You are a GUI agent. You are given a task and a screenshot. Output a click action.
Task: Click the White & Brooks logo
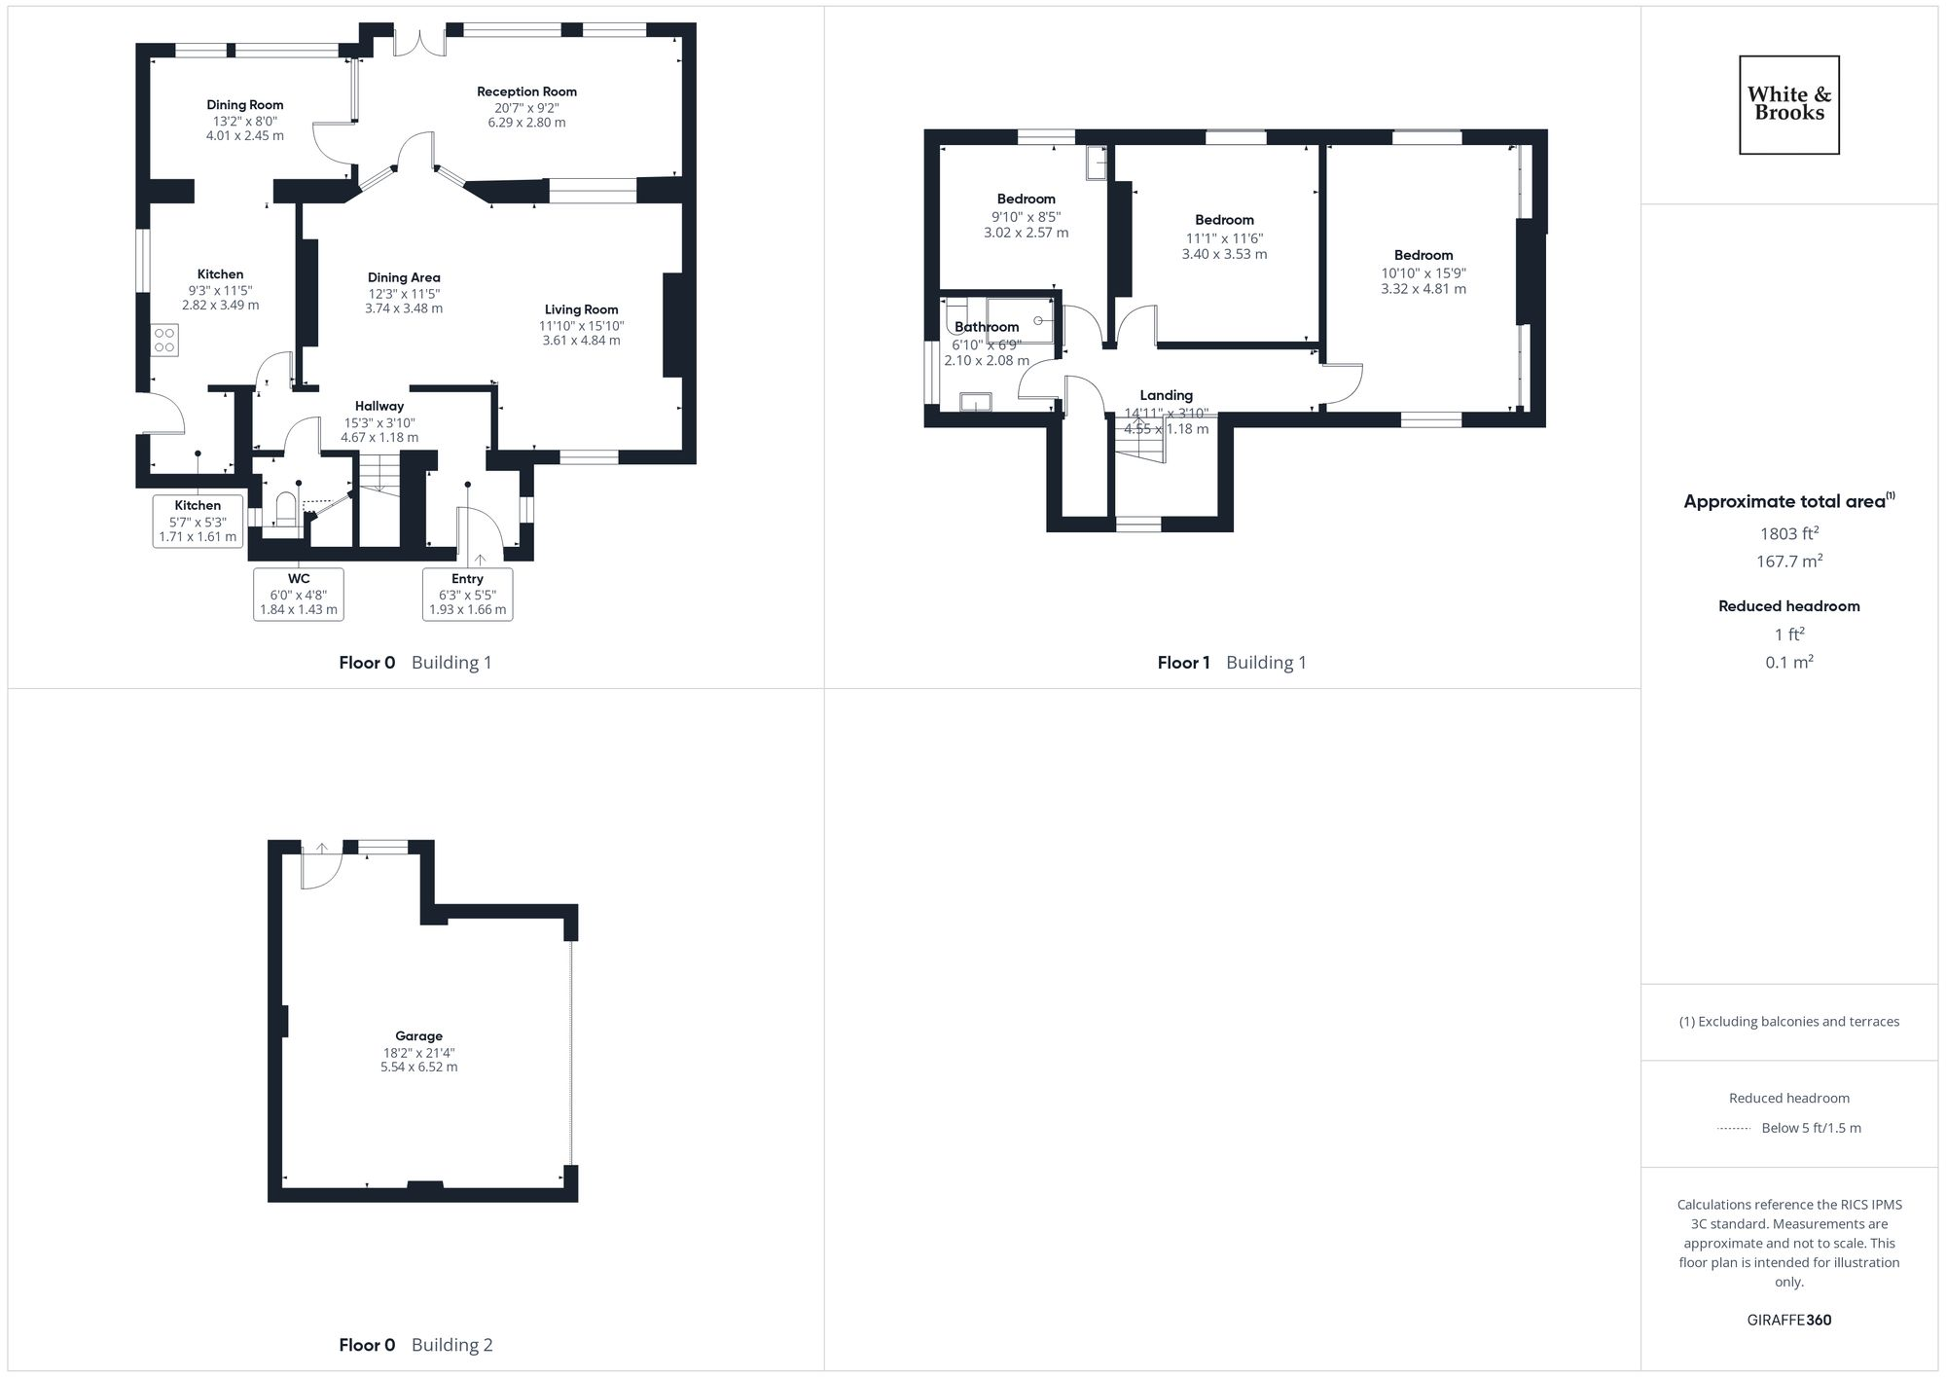1788,104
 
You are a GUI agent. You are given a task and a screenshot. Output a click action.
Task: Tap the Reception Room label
526,91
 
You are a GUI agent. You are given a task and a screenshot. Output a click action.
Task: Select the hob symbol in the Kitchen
164,340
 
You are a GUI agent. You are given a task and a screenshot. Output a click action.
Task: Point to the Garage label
418,1036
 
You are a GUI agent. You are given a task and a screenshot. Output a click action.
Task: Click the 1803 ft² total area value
1788,533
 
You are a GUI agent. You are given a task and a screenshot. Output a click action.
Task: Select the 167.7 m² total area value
1788,562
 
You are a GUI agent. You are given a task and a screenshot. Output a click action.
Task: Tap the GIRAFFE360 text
1788,1321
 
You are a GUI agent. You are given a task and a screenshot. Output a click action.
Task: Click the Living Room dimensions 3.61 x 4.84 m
581,341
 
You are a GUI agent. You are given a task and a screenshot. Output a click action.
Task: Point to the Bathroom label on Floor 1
987,327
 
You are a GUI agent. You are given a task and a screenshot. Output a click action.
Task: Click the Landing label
1166,395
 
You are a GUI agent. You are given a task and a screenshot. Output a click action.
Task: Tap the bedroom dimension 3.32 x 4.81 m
1423,289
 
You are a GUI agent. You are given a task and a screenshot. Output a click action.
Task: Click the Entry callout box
467,594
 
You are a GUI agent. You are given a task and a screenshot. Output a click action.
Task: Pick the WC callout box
299,594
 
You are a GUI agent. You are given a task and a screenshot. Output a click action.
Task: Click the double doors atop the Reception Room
419,42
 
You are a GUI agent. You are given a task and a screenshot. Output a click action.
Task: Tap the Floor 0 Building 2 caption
415,1345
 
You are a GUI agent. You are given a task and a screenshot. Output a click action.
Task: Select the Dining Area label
404,277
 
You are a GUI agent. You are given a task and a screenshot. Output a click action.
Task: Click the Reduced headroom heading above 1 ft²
1788,606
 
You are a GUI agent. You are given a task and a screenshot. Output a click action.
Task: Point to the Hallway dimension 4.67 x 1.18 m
379,438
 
